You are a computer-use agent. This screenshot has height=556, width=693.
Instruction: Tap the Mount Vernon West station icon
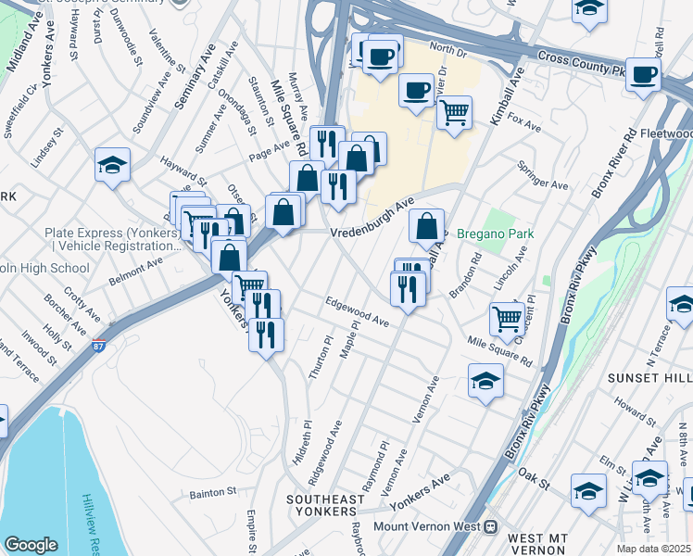[x=492, y=526]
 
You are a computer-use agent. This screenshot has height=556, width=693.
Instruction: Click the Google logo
[x=31, y=545]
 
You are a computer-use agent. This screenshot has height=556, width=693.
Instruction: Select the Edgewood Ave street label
[x=357, y=311]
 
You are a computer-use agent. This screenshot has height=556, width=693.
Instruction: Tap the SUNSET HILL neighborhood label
[x=649, y=378]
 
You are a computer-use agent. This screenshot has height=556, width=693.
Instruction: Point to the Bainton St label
[x=213, y=493]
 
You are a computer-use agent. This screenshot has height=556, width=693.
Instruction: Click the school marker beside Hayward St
[x=112, y=165]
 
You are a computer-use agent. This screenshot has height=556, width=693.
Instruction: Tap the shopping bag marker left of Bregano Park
[x=425, y=225]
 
